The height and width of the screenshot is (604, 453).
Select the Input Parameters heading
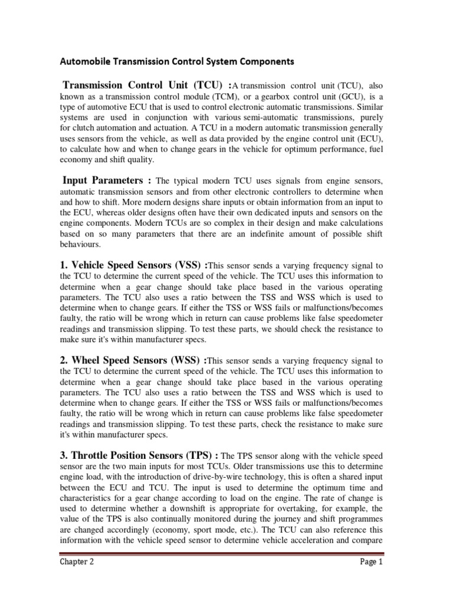tap(103, 179)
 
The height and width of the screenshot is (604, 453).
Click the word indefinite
tap(285, 236)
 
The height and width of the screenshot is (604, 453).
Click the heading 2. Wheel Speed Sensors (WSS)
tap(132, 360)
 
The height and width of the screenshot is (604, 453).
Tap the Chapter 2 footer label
tap(76, 579)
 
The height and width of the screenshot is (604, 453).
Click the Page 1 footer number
tap(371, 579)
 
